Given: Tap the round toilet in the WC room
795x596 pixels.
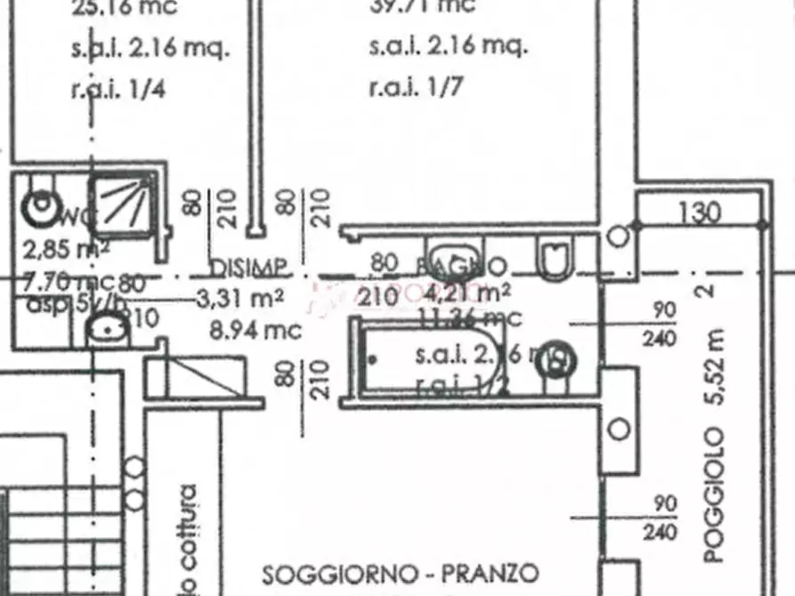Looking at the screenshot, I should [x=41, y=206].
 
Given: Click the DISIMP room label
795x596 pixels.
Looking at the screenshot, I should [x=248, y=267].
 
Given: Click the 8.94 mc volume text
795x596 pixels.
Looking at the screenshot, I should [x=256, y=329].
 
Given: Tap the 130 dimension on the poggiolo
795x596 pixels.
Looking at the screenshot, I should [x=699, y=213].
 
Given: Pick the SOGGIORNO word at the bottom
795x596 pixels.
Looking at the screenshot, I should [x=340, y=572].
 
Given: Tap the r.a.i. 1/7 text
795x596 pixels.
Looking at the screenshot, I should [x=417, y=87].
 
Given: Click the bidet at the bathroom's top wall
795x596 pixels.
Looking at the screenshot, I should [x=454, y=253].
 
